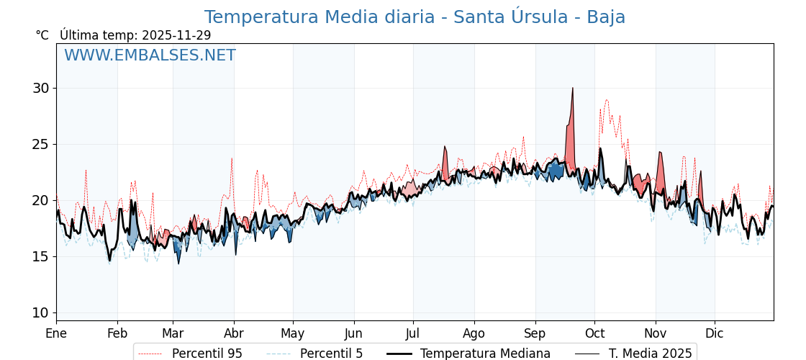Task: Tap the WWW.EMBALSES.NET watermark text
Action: (150, 55)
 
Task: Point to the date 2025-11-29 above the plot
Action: (176, 35)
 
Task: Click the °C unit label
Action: (42, 35)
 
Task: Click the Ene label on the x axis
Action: (56, 333)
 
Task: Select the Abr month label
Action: (234, 333)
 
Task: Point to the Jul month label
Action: (413, 333)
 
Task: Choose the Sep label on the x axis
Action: (535, 333)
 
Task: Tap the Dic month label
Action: (715, 333)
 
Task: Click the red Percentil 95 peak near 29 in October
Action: (607, 100)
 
